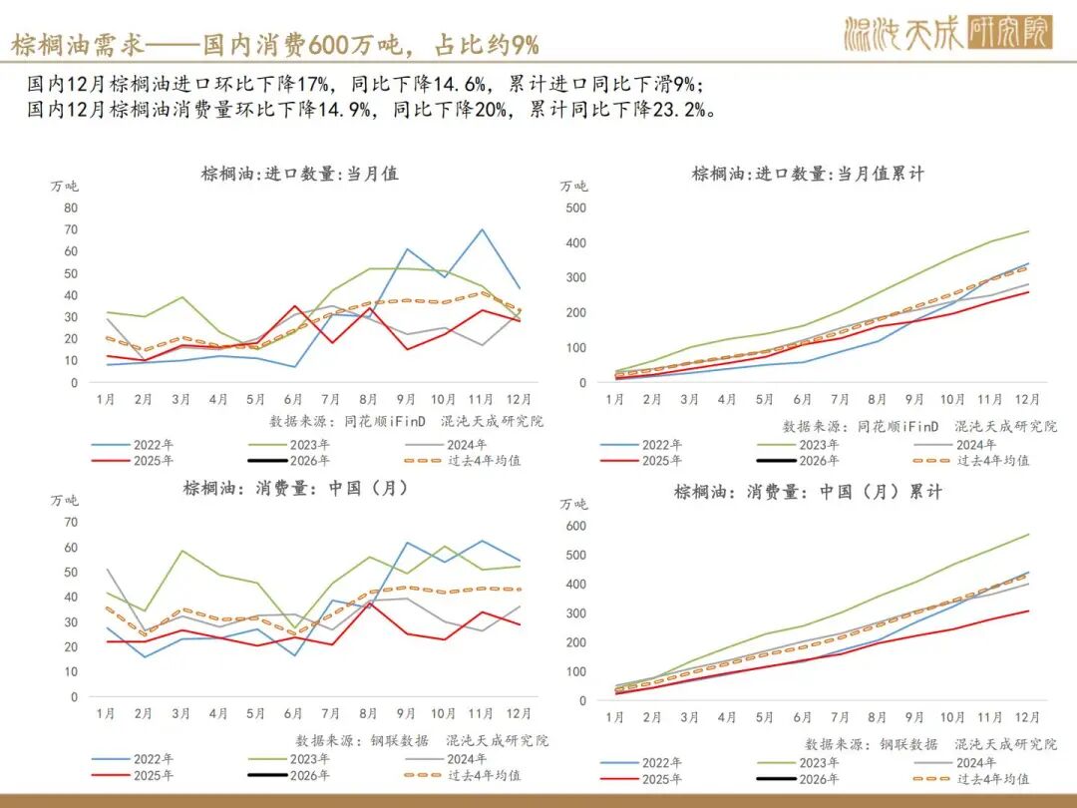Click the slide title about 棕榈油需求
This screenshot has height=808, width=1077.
pyautogui.click(x=275, y=44)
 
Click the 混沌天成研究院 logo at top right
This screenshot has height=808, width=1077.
pyautogui.click(x=947, y=34)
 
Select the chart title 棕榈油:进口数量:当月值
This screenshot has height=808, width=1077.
pyautogui.click(x=299, y=174)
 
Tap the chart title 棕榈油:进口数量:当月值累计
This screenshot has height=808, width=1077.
pyautogui.click(x=808, y=174)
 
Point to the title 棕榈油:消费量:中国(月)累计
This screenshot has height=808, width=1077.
pyautogui.click(x=808, y=492)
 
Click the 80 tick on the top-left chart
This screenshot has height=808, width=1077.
pyautogui.click(x=70, y=207)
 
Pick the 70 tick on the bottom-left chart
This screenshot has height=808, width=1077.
pyautogui.click(x=70, y=522)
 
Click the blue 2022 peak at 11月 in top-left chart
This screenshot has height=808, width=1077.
pyautogui.click(x=482, y=229)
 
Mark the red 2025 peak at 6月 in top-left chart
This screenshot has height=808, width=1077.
pyautogui.click(x=294, y=306)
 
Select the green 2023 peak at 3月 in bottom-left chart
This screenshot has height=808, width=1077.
pyautogui.click(x=181, y=551)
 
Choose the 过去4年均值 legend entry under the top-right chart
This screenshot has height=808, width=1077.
pyautogui.click(x=991, y=461)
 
